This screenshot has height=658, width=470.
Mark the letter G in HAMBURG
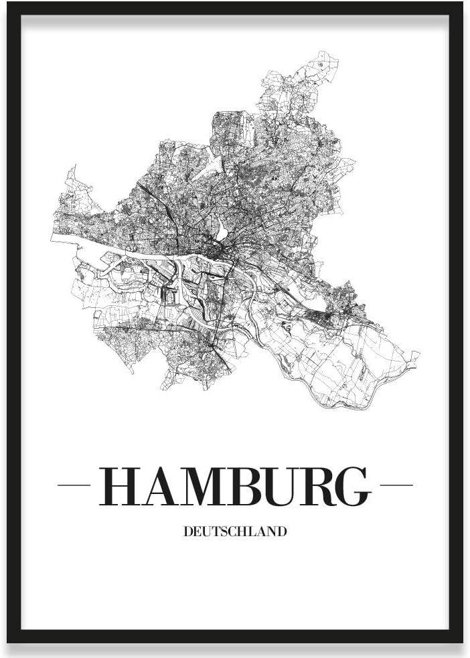click(x=353, y=486)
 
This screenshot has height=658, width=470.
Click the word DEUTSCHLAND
click(x=234, y=531)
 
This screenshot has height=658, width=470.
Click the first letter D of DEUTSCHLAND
click(x=187, y=531)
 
